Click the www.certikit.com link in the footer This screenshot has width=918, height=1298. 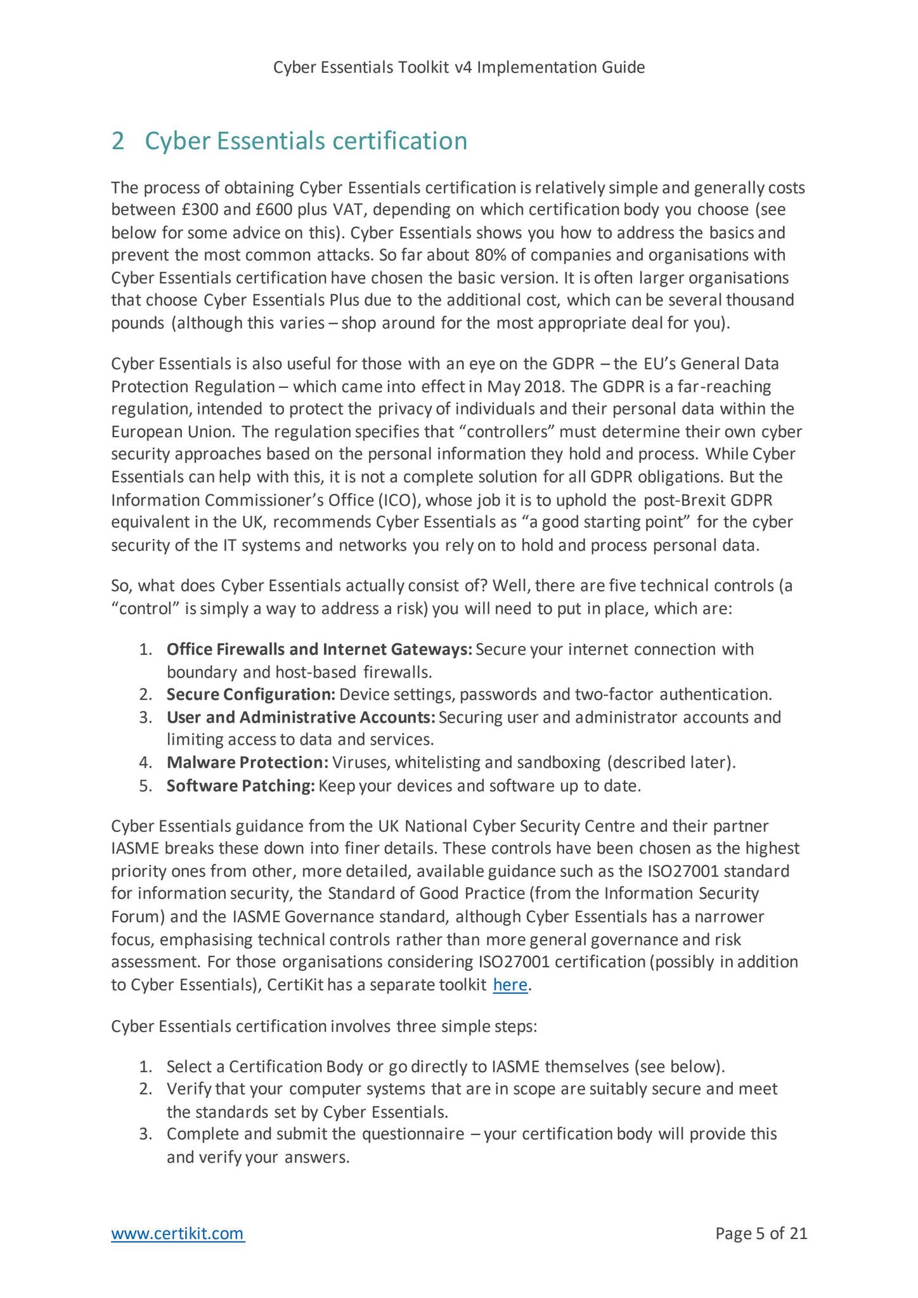tap(178, 1233)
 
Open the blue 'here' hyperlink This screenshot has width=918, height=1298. tap(510, 986)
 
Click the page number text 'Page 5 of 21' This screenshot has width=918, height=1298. tap(761, 1233)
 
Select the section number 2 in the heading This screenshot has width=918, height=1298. tap(117, 141)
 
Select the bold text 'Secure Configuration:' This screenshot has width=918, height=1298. tap(250, 695)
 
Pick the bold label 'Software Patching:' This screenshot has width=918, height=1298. tap(240, 787)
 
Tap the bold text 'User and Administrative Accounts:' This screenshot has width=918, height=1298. tap(301, 717)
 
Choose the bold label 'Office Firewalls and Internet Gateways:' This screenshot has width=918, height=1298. tap(319, 650)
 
